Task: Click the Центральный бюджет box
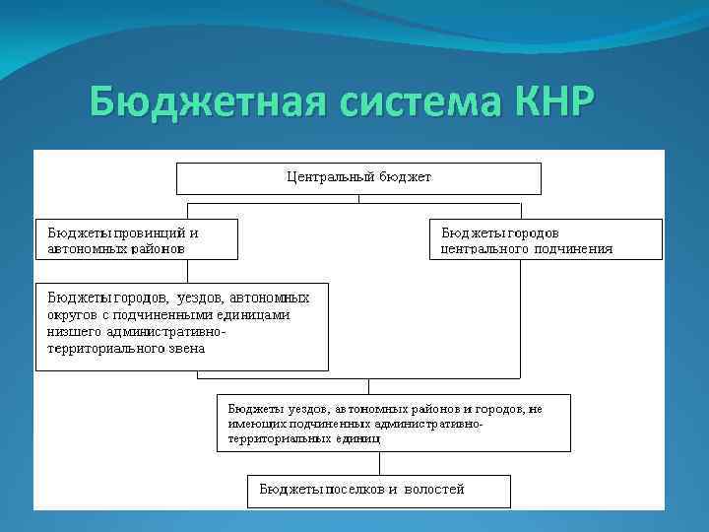[358, 178]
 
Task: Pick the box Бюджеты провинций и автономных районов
[137, 239]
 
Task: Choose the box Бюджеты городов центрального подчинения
[547, 239]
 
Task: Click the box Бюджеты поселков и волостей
[379, 490]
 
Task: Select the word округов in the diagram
[73, 315]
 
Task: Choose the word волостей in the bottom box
[433, 489]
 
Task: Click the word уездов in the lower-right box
[305, 408]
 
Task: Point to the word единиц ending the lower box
[359, 439]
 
